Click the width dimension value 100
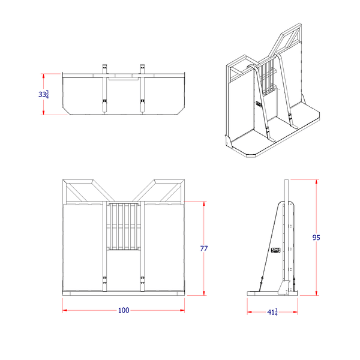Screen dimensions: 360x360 [124, 310]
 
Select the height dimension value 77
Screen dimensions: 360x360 [204, 249]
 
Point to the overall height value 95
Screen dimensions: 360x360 [316, 237]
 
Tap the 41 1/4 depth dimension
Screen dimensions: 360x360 [272, 312]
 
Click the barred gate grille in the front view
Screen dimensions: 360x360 [124, 226]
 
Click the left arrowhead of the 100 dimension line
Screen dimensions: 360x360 [65, 310]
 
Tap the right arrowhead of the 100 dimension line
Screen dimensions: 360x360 [182, 310]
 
